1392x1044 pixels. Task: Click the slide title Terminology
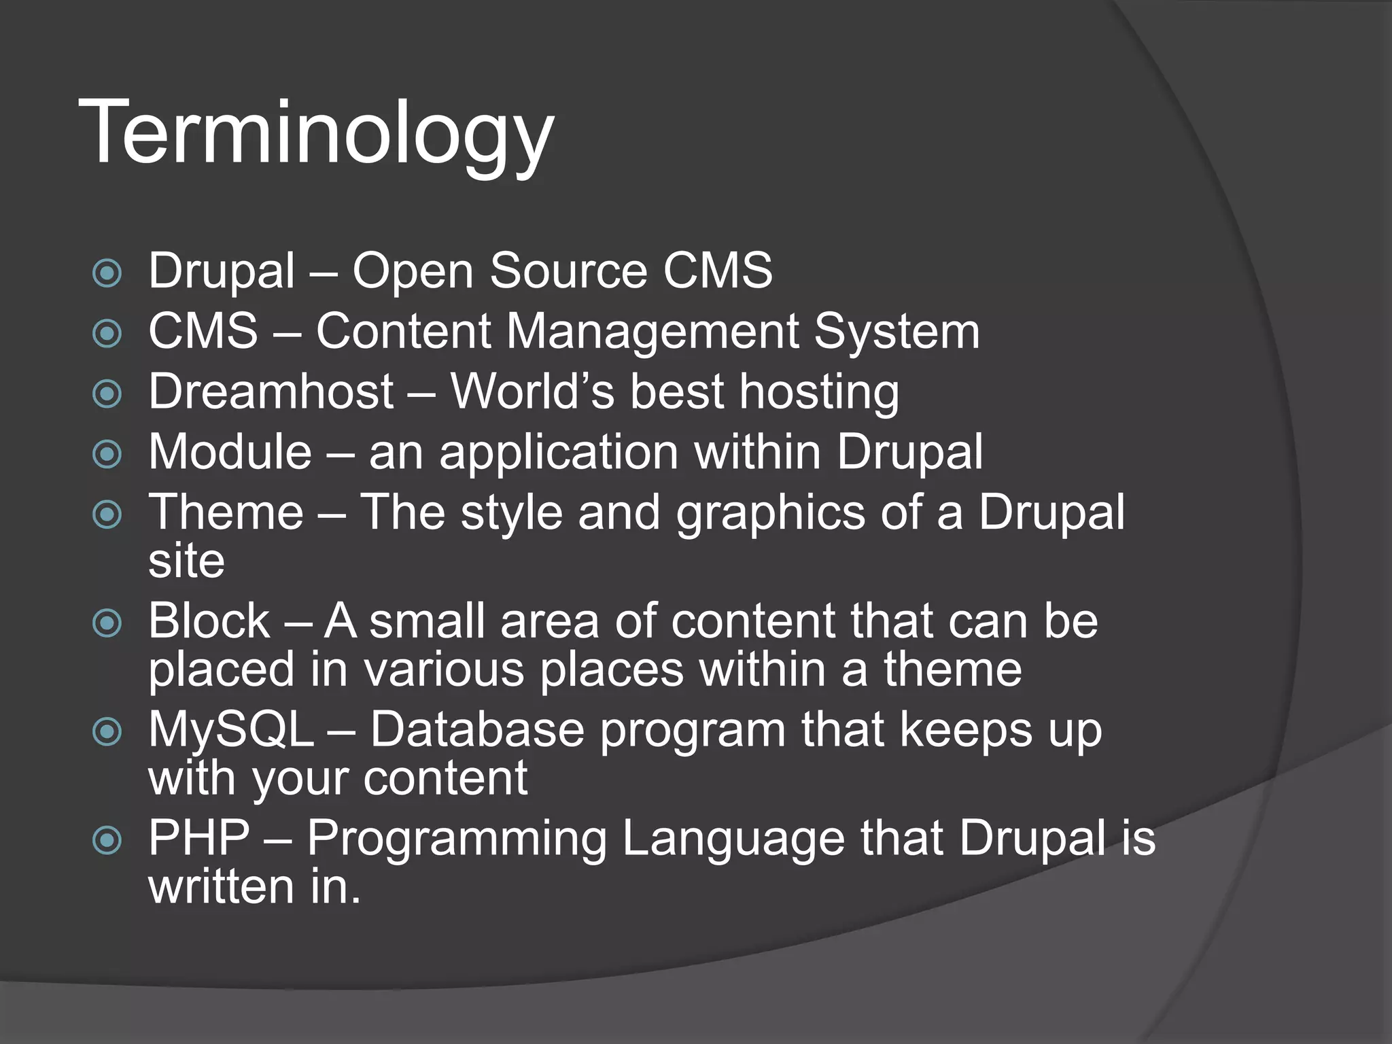coord(316,133)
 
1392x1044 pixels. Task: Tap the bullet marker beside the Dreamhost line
coord(107,394)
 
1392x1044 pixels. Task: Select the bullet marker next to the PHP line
coord(107,841)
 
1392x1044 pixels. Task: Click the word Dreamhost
coord(271,392)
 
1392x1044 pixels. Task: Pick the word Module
coord(230,452)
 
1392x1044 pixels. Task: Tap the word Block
coord(209,621)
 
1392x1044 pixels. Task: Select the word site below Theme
coord(186,561)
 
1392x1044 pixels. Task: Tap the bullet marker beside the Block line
coord(107,623)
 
